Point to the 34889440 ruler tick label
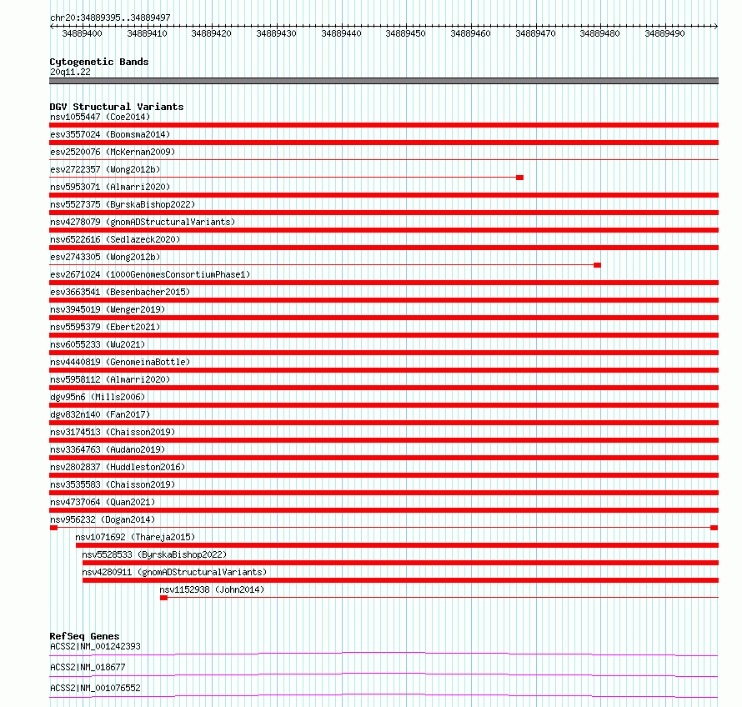pyautogui.click(x=341, y=33)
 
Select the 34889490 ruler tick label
pyautogui.click(x=664, y=33)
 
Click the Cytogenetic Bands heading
pyautogui.click(x=98, y=62)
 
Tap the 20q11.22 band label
pyautogui.click(x=70, y=72)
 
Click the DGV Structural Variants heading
pyautogui.click(x=116, y=107)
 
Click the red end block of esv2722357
pyautogui.click(x=519, y=178)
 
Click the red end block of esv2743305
pyautogui.click(x=597, y=265)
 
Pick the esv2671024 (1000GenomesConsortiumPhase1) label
pyautogui.click(x=150, y=274)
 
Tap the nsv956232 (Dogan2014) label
pyautogui.click(x=102, y=519)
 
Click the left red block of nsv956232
pyautogui.click(x=53, y=528)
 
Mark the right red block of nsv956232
pyautogui.click(x=714, y=528)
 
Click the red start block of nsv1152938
pyautogui.click(x=163, y=598)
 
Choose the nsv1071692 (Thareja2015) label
pyautogui.click(x=135, y=537)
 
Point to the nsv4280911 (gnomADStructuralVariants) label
pyautogui.click(x=174, y=572)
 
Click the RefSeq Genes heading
pyautogui.click(x=84, y=636)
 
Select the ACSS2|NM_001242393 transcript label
pyautogui.click(x=95, y=646)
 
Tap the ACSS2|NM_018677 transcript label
pyautogui.click(x=88, y=667)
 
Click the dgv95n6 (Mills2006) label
pyautogui.click(x=97, y=397)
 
